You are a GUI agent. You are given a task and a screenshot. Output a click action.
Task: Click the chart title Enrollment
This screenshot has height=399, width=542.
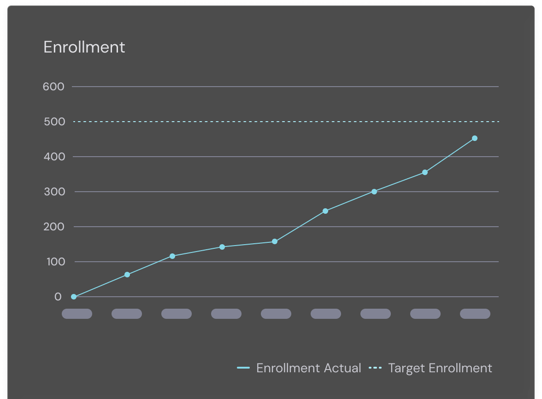click(x=84, y=47)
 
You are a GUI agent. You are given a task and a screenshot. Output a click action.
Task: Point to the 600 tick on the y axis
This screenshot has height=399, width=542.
click(x=53, y=87)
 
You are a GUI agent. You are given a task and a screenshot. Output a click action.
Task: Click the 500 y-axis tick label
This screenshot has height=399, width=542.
click(x=53, y=122)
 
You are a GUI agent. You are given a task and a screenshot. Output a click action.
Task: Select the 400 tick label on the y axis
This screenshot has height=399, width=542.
click(x=53, y=157)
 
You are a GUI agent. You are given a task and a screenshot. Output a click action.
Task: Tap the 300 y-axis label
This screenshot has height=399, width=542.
click(x=53, y=192)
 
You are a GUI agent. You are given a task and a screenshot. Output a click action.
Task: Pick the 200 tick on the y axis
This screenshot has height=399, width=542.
click(x=53, y=227)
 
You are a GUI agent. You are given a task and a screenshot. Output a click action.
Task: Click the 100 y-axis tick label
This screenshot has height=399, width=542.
click(x=53, y=262)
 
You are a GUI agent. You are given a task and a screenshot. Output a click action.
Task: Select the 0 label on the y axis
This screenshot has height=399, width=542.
click(x=58, y=297)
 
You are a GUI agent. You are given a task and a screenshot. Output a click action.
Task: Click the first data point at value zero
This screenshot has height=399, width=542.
click(x=74, y=297)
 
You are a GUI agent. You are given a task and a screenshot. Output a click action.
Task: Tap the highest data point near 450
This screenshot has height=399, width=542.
click(x=475, y=138)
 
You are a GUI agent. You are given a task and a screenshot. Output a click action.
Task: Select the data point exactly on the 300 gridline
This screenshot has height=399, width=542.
click(x=374, y=192)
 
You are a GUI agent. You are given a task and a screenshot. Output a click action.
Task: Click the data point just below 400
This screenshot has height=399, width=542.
click(x=425, y=172)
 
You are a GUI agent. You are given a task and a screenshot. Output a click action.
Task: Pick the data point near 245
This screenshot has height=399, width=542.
click(x=325, y=211)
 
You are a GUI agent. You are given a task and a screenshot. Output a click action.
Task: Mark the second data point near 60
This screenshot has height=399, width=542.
click(x=127, y=275)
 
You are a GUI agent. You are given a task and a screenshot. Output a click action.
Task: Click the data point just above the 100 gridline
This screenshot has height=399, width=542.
click(x=172, y=256)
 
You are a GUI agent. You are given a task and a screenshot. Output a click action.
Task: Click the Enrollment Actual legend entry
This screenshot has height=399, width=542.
click(x=300, y=368)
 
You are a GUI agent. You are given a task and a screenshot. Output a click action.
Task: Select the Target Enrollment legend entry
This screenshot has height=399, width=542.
click(x=431, y=368)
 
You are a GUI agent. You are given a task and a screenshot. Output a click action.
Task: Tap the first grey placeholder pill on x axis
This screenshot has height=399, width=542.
click(x=77, y=314)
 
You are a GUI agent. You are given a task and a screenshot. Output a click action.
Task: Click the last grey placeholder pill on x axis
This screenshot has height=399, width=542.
click(x=475, y=314)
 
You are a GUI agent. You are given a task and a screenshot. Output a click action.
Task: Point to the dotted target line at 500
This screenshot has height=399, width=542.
click(x=286, y=122)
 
